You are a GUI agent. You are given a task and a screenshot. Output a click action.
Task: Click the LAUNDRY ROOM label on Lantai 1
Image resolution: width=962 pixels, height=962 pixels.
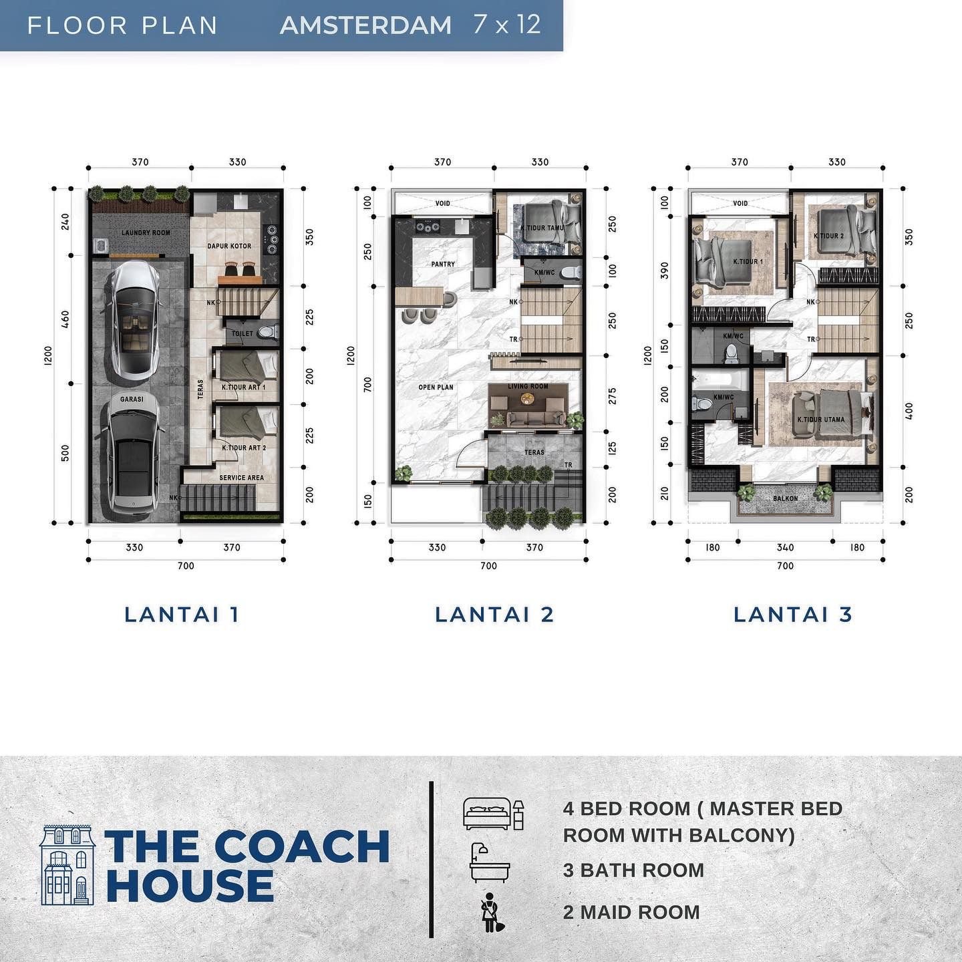click(x=146, y=233)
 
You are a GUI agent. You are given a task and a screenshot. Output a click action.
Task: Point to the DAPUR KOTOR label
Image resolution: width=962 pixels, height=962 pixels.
click(x=229, y=246)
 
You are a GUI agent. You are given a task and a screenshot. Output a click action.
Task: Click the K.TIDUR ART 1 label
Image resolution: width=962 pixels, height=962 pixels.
click(x=244, y=387)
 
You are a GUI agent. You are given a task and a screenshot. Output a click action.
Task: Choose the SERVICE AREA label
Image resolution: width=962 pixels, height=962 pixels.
click(x=241, y=478)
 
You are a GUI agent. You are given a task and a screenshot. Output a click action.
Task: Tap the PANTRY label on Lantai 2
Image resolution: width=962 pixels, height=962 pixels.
click(x=443, y=265)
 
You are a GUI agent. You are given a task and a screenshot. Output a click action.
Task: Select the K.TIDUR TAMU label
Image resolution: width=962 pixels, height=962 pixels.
click(x=543, y=228)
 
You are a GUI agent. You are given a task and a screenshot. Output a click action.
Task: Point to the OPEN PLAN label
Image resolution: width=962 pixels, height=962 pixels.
click(x=436, y=387)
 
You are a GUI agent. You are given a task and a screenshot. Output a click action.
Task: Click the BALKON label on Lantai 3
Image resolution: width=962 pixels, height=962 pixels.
click(x=786, y=498)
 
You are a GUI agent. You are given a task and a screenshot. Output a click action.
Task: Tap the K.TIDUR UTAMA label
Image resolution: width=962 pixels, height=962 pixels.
click(x=821, y=420)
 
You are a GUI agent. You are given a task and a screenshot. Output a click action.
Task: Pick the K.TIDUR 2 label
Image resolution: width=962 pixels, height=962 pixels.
click(x=828, y=236)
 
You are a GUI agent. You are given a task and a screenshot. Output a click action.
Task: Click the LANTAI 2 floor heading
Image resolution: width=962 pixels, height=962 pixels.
click(x=494, y=615)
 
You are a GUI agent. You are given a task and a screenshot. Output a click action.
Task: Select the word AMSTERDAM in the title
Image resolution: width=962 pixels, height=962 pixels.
click(x=366, y=25)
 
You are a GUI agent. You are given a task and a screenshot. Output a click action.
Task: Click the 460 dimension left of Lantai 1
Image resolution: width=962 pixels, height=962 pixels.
click(x=65, y=319)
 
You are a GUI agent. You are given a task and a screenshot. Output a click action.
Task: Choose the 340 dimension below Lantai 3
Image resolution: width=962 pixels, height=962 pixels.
click(x=785, y=548)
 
